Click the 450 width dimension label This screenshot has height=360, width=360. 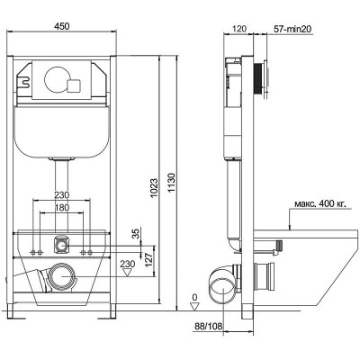click(x=62, y=26)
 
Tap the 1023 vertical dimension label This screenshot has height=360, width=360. click(x=154, y=188)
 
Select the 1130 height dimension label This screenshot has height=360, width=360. click(x=171, y=183)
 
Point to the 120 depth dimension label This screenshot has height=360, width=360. click(x=239, y=29)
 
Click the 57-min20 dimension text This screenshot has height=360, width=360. click(x=292, y=29)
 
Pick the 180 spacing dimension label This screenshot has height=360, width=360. click(x=62, y=208)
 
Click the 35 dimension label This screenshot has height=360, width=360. click(x=136, y=233)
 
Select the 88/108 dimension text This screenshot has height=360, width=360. click(x=209, y=326)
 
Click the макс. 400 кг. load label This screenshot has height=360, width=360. click(x=320, y=204)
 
